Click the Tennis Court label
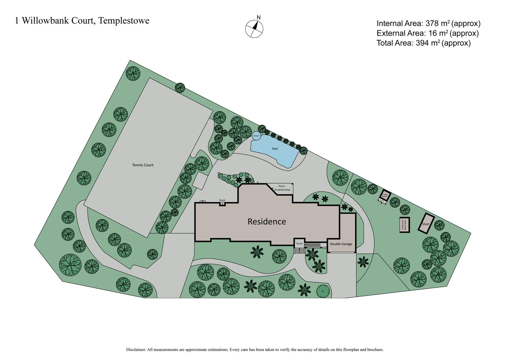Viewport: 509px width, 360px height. click(143, 165)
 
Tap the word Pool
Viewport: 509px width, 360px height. click(275, 149)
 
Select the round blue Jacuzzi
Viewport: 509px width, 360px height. click(256, 136)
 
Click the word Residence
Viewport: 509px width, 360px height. click(267, 222)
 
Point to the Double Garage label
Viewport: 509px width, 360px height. click(341, 244)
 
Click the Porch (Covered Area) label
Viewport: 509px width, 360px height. click(282, 188)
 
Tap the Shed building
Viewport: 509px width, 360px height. click(426, 224)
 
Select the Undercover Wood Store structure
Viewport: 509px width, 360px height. click(404, 225)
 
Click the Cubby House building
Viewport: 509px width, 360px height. click(385, 195)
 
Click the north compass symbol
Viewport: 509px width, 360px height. click(254, 29)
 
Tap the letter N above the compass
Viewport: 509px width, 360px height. click(259, 18)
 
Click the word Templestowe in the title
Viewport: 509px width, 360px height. click(124, 21)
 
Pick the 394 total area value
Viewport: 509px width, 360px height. click(422, 43)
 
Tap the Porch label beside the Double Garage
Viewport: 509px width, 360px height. click(299, 244)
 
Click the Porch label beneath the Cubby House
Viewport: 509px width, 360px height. click(382, 201)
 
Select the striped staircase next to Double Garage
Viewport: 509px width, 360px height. click(313, 244)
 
